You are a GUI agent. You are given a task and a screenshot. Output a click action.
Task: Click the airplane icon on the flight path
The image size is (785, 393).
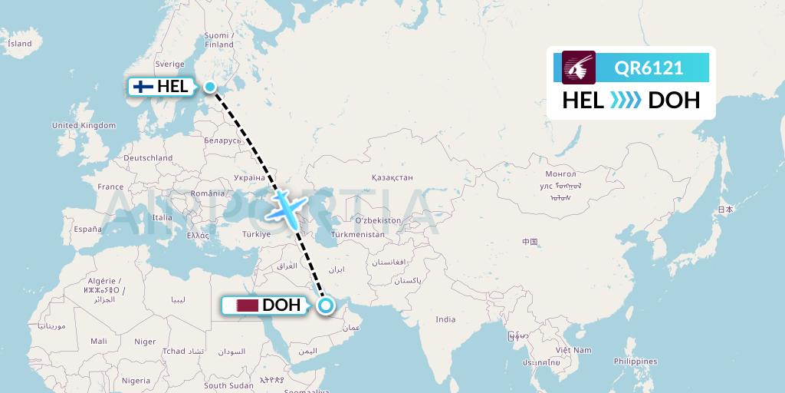pos(288,208)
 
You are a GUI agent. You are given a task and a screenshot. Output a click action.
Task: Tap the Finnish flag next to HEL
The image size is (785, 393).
pos(143,87)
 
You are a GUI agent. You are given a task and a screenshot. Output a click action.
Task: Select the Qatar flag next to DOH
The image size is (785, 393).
pos(247,305)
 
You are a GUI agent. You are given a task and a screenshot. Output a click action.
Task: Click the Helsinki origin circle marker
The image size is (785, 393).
pos(209,87)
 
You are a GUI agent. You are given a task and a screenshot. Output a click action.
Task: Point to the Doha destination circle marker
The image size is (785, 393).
pos(326,305)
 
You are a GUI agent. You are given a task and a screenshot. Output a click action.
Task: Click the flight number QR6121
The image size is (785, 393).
pos(649,68)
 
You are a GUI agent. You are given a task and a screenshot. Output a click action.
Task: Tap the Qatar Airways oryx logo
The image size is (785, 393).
pos(579,68)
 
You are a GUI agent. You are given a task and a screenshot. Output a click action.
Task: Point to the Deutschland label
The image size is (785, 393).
pos(148,158)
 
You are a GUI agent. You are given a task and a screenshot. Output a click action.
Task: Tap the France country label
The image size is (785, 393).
pos(110,187)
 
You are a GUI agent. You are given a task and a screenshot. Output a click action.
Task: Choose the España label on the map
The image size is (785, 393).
pos(87,229)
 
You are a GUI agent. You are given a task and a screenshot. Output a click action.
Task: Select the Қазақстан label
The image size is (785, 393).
pos(392,177)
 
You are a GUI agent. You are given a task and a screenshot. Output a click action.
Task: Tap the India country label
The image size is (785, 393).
pos(445,319)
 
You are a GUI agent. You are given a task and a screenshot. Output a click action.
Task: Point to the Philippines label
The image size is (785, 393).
pos(636,361)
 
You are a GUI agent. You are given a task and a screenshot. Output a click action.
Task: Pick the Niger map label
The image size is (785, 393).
pos(145,342)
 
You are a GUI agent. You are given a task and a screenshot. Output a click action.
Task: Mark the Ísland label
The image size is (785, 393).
pos(20,44)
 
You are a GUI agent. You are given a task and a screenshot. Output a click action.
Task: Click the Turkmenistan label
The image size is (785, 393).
pos(358,234)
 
